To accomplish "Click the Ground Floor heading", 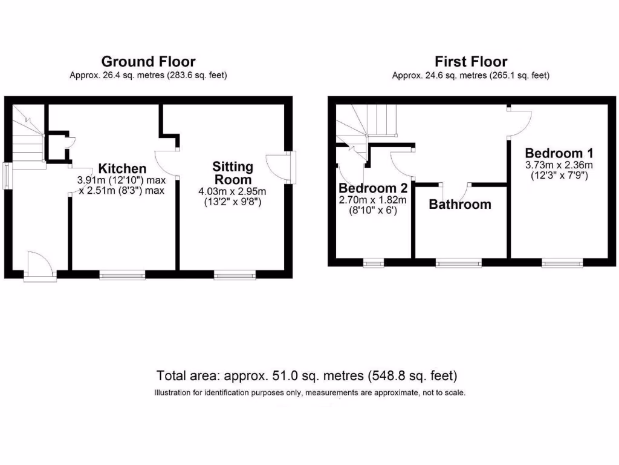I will pos(148,61).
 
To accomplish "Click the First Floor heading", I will pos(470,61).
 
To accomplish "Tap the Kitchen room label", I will pos(123,169).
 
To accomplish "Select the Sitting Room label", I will pos(233,173).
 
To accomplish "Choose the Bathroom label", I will pos(460,204).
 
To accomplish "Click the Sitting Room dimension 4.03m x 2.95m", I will pos(233,192).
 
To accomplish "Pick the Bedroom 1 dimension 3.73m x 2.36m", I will pos(559,165).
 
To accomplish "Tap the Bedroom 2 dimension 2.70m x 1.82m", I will pos(372,200).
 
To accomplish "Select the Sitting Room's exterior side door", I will pos(280,168).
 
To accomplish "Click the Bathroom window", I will pos(459,263).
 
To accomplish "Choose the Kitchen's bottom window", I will pos(123,275).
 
